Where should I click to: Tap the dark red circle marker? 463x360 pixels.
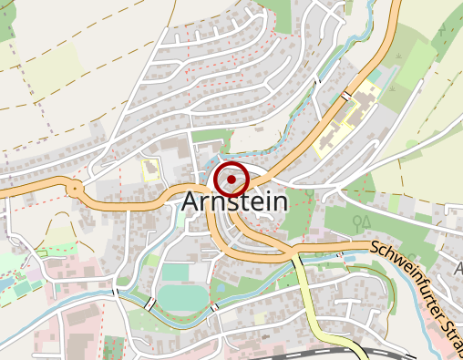point(231,180)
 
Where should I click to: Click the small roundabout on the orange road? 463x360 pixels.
point(74,189)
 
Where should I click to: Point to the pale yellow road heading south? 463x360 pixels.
point(310,301)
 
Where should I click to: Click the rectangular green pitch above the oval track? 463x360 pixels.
point(177,272)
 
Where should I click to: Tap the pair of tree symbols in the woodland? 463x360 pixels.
point(362,221)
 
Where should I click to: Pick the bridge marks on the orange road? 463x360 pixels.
point(346,95)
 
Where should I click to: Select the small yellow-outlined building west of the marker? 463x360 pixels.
point(150,169)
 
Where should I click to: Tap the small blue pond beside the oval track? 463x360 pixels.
point(217,289)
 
